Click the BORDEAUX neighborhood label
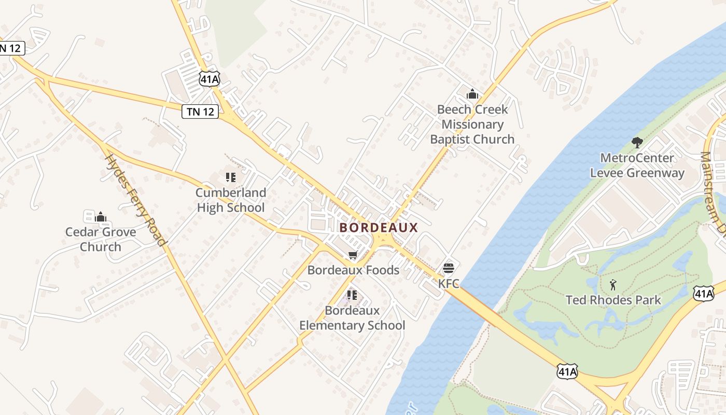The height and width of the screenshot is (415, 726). point(379,228)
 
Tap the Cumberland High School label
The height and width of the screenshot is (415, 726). point(230,200)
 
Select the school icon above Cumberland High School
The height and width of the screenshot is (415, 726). point(231,177)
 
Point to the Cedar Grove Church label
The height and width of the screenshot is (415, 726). point(101,239)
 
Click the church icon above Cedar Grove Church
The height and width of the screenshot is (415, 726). point(101,216)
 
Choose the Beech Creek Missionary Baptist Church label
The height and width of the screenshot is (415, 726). point(472,125)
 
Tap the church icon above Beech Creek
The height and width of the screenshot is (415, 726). point(472,94)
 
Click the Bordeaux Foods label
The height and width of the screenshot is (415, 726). point(353,270)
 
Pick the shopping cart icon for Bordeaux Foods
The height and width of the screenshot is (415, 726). point(353,255)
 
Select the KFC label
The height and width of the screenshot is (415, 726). point(449,284)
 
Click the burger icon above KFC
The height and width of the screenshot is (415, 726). point(449,268)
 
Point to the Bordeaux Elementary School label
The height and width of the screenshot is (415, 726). point(352,318)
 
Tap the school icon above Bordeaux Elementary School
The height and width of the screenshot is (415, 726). point(352,295)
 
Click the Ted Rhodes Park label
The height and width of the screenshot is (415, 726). point(613,300)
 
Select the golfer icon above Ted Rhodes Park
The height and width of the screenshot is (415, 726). point(613,284)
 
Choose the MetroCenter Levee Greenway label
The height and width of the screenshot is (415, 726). point(637,165)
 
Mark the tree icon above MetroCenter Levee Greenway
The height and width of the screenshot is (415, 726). point(637,142)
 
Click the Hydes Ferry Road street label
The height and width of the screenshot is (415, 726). point(136,200)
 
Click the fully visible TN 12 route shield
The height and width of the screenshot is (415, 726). point(200,111)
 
